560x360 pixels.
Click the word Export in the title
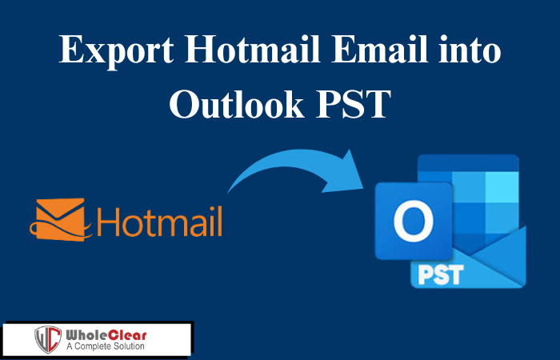pyautogui.click(x=116, y=50)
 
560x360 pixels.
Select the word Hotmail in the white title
pyautogui.click(x=252, y=49)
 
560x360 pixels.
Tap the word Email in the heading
pyautogui.click(x=379, y=49)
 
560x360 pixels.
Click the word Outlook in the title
pyautogui.click(x=236, y=103)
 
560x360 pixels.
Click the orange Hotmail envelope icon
pyautogui.click(x=61, y=219)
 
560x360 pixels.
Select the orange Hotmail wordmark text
pyautogui.click(x=159, y=222)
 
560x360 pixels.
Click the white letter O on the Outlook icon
pyautogui.click(x=414, y=221)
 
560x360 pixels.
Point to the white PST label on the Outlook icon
pyautogui.click(x=441, y=274)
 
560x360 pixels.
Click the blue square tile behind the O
pyautogui.click(x=414, y=221)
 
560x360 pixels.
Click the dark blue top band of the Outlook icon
pyautogui.click(x=468, y=163)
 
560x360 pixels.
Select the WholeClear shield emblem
pyautogui.click(x=48, y=339)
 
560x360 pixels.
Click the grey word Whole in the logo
pyautogui.click(x=86, y=335)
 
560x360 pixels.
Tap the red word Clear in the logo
pyautogui.click(x=127, y=335)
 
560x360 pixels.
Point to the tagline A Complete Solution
pyautogui.click(x=106, y=346)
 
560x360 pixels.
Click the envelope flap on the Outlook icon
pyautogui.click(x=498, y=246)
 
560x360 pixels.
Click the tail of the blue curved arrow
pyautogui.click(x=229, y=191)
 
